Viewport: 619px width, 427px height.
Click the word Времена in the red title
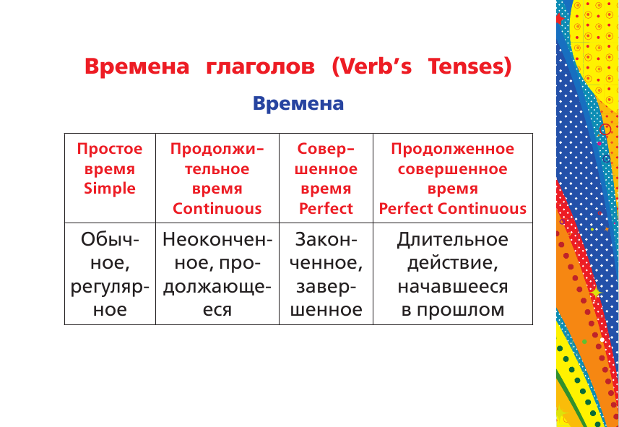click(137, 66)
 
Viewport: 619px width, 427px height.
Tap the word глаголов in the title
click(261, 66)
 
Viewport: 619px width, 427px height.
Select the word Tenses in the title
click(470, 66)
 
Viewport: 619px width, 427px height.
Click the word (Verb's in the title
click(372, 66)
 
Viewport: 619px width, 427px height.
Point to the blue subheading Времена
click(298, 103)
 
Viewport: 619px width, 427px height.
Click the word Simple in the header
click(110, 189)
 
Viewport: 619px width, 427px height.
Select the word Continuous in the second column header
click(217, 209)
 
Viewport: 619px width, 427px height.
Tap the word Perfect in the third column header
click(326, 209)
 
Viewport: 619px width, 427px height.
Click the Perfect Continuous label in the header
click(453, 209)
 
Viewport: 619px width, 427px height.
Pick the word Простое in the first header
click(110, 149)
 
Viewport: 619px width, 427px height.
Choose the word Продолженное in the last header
click(453, 149)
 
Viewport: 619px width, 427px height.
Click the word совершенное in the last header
click(453, 169)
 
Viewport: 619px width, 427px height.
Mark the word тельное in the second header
click(217, 169)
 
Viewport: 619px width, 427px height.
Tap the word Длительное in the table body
click(453, 239)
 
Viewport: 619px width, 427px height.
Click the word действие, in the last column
click(453, 263)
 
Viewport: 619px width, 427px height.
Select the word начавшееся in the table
click(453, 287)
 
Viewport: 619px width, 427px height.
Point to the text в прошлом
click(453, 311)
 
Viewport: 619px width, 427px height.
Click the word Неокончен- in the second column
click(217, 239)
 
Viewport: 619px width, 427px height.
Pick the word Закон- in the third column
click(326, 239)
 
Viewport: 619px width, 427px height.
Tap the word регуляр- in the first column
click(110, 287)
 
